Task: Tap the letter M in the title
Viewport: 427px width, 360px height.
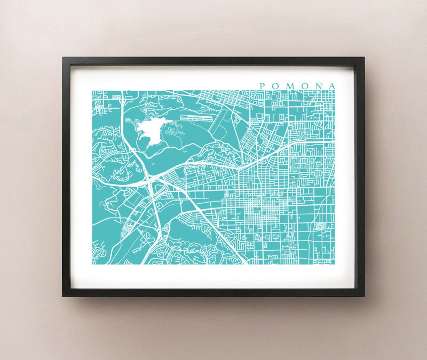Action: pyautogui.click(x=289, y=86)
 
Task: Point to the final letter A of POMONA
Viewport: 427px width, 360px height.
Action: pyautogui.click(x=333, y=86)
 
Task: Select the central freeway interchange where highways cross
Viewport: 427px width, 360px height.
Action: pyautogui.click(x=150, y=181)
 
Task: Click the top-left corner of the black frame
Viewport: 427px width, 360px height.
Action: pyautogui.click(x=63, y=57)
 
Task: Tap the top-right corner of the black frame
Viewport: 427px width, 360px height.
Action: pyautogui.click(x=364, y=57)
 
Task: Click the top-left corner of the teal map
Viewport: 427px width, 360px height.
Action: pyautogui.click(x=92, y=91)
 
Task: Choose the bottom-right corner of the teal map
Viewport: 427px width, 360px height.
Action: pyautogui.click(x=335, y=264)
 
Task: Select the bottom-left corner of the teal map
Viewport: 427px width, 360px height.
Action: pyautogui.click(x=92, y=264)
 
